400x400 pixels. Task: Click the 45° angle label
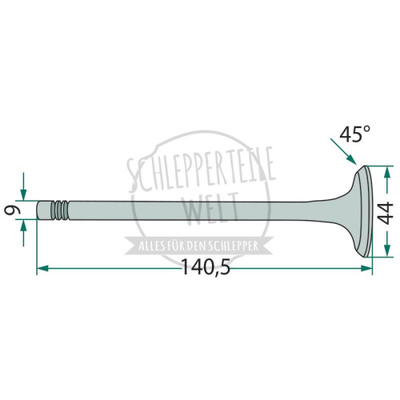pyautogui.click(x=354, y=134)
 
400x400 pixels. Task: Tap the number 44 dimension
pyautogui.click(x=386, y=214)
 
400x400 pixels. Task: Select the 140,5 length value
pyautogui.click(x=206, y=267)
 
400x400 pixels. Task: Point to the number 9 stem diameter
pyautogui.click(x=13, y=210)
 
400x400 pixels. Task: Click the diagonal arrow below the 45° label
pyautogui.click(x=343, y=151)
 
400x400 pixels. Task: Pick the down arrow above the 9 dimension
pyautogui.click(x=23, y=186)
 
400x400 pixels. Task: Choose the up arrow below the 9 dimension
pyautogui.click(x=23, y=234)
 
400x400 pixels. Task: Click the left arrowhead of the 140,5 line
pyautogui.click(x=42, y=268)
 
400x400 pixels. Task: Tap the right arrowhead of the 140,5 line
pyautogui.click(x=366, y=268)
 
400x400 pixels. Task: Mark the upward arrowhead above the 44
pyautogui.click(x=387, y=173)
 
